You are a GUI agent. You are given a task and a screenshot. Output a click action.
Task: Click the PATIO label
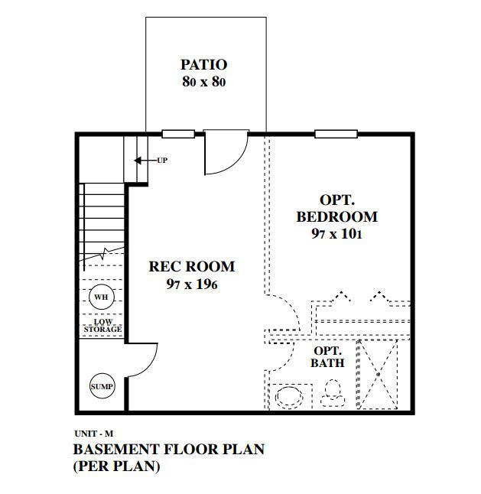pyautogui.click(x=203, y=64)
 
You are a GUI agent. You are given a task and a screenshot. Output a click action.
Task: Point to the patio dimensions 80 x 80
pyautogui.click(x=203, y=81)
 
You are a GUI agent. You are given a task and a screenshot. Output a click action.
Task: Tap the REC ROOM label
pyautogui.click(x=191, y=267)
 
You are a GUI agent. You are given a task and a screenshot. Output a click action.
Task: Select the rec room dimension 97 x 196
pyautogui.click(x=192, y=284)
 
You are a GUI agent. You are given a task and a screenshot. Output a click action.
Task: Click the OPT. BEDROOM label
pyautogui.click(x=336, y=208)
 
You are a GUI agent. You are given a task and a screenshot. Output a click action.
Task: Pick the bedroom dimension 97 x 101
pyautogui.click(x=336, y=234)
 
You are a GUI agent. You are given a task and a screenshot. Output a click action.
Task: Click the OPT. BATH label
pyautogui.click(x=327, y=356)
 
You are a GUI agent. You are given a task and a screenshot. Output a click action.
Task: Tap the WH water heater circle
pyautogui.click(x=101, y=297)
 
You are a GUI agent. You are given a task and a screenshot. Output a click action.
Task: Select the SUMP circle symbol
pyautogui.click(x=102, y=387)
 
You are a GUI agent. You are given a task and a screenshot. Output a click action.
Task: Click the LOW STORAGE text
pyautogui.click(x=102, y=326)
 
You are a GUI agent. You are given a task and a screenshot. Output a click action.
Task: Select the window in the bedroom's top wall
pyautogui.click(x=337, y=135)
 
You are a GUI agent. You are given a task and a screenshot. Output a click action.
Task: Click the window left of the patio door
pyautogui.click(x=177, y=135)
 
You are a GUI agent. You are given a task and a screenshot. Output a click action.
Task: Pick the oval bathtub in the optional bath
pyautogui.click(x=290, y=397)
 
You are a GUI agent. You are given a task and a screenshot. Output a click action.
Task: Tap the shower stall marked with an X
pyautogui.click(x=378, y=375)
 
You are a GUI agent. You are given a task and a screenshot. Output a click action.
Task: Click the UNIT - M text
pyautogui.click(x=93, y=434)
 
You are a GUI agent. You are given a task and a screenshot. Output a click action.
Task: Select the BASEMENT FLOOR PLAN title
pyautogui.click(x=168, y=449)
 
